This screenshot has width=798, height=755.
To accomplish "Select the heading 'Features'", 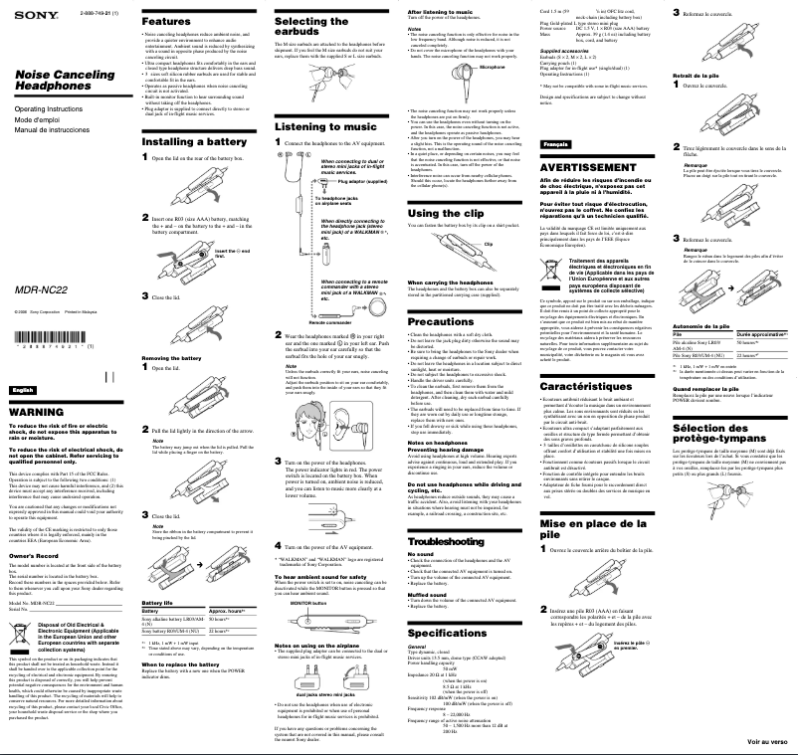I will tap(159, 20).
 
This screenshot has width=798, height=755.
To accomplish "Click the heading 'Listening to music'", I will tap(310, 127).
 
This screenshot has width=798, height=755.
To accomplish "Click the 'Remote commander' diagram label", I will tap(330, 324).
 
